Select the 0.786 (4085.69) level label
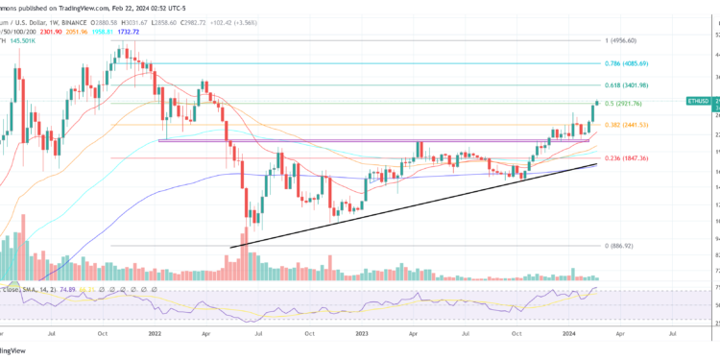(628, 63)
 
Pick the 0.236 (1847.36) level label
(628, 158)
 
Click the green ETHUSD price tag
(701, 100)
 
